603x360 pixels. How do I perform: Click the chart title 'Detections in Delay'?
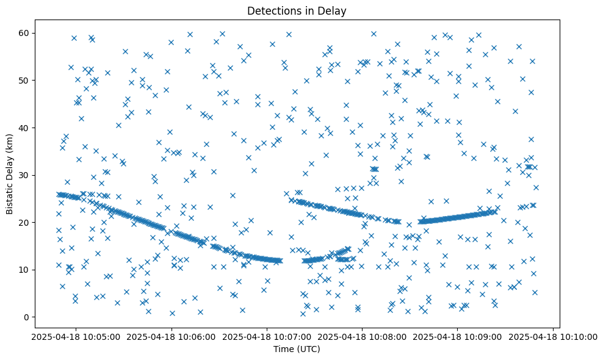296,11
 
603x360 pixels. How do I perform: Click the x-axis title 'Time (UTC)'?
296,349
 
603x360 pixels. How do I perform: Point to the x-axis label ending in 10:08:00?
362,336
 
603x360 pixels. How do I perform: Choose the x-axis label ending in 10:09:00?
458,336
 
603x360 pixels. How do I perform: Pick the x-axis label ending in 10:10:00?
554,336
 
